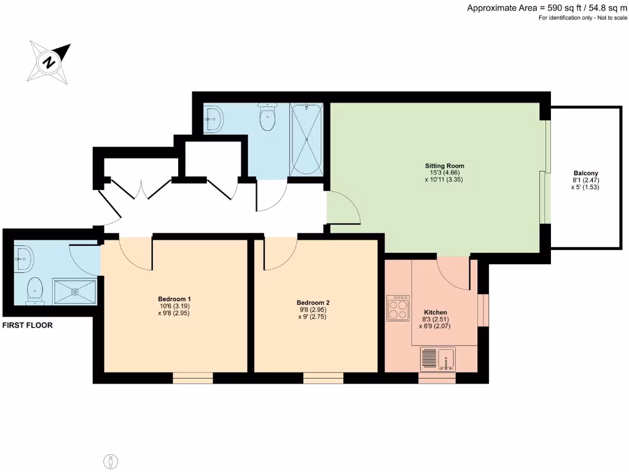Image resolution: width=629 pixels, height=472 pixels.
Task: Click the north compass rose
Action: pos(49,62)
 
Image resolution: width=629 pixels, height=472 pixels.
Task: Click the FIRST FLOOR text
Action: pos(28,326)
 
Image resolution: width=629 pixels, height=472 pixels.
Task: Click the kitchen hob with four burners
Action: pos(397,308)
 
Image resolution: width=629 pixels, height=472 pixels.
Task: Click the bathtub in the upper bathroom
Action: pos(305,140)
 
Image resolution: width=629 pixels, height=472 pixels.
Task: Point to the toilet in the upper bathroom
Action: pos(267,118)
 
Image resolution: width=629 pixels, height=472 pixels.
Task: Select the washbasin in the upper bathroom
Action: pos(213,119)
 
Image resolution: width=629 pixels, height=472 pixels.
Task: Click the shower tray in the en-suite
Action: pos(75,291)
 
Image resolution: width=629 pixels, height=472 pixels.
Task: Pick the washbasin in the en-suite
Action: pos(23,259)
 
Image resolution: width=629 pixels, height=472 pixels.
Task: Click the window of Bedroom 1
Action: pos(192,378)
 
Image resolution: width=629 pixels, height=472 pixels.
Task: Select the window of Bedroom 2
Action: pos(323,378)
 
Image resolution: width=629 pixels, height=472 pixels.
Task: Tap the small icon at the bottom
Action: pos(111,460)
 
